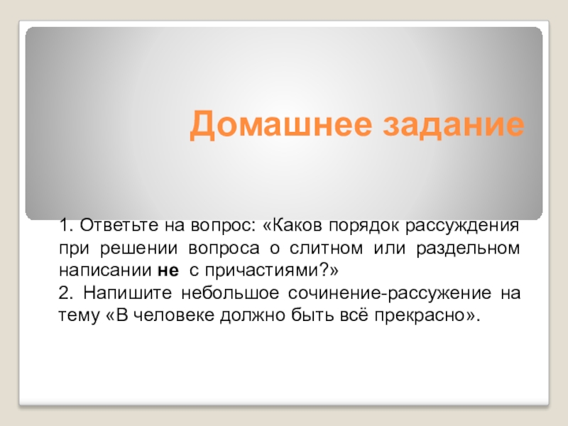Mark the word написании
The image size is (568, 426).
pyautogui.click(x=104, y=271)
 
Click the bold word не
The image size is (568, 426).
pyautogui.click(x=165, y=271)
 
